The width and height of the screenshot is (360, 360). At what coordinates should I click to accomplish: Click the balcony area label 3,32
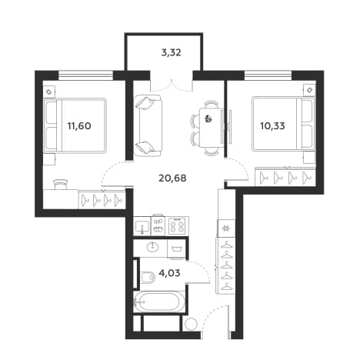click(x=171, y=53)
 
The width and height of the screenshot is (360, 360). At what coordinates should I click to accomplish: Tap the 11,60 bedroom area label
click(x=79, y=126)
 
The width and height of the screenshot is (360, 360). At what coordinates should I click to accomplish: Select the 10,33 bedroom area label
click(x=272, y=126)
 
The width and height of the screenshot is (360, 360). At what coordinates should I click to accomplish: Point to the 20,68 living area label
click(x=172, y=178)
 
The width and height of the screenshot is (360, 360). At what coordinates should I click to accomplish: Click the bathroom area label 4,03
click(x=169, y=273)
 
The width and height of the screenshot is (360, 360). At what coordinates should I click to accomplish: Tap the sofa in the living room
click(x=148, y=125)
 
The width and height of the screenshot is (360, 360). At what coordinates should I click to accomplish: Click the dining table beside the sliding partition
click(x=211, y=128)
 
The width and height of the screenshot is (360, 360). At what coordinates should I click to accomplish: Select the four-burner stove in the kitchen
click(x=177, y=226)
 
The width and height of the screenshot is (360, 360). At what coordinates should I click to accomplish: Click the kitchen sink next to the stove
click(x=142, y=226)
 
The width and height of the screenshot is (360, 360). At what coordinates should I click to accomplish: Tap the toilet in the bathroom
click(x=148, y=277)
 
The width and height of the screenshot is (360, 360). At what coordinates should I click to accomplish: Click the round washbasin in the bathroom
click(x=153, y=247)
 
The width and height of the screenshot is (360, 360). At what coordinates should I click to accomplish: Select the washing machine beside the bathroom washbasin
click(x=177, y=248)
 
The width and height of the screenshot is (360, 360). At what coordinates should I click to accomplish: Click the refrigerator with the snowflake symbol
click(x=226, y=228)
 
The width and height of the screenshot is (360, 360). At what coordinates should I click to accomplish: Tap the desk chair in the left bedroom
click(x=61, y=184)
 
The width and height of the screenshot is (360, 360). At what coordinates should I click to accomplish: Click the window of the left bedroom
click(x=85, y=75)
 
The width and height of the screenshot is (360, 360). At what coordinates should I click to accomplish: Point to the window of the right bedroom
click(x=268, y=75)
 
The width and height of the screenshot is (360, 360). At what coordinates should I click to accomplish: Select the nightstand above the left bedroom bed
click(x=48, y=92)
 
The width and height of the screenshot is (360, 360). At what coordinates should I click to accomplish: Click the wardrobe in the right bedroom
click(x=285, y=177)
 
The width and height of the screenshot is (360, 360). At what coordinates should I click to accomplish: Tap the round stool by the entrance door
click(x=191, y=324)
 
